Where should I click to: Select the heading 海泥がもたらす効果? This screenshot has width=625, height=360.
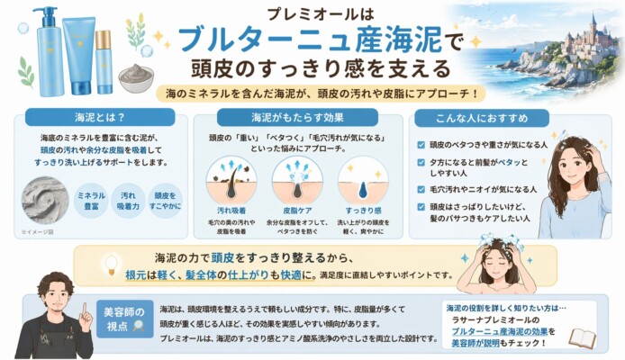(x=312, y=117)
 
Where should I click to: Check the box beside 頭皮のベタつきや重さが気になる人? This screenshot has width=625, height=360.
(x=421, y=145)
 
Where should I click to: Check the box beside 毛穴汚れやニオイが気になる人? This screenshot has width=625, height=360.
(x=421, y=189)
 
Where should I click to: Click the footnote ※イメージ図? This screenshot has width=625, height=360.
(x=37, y=231)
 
